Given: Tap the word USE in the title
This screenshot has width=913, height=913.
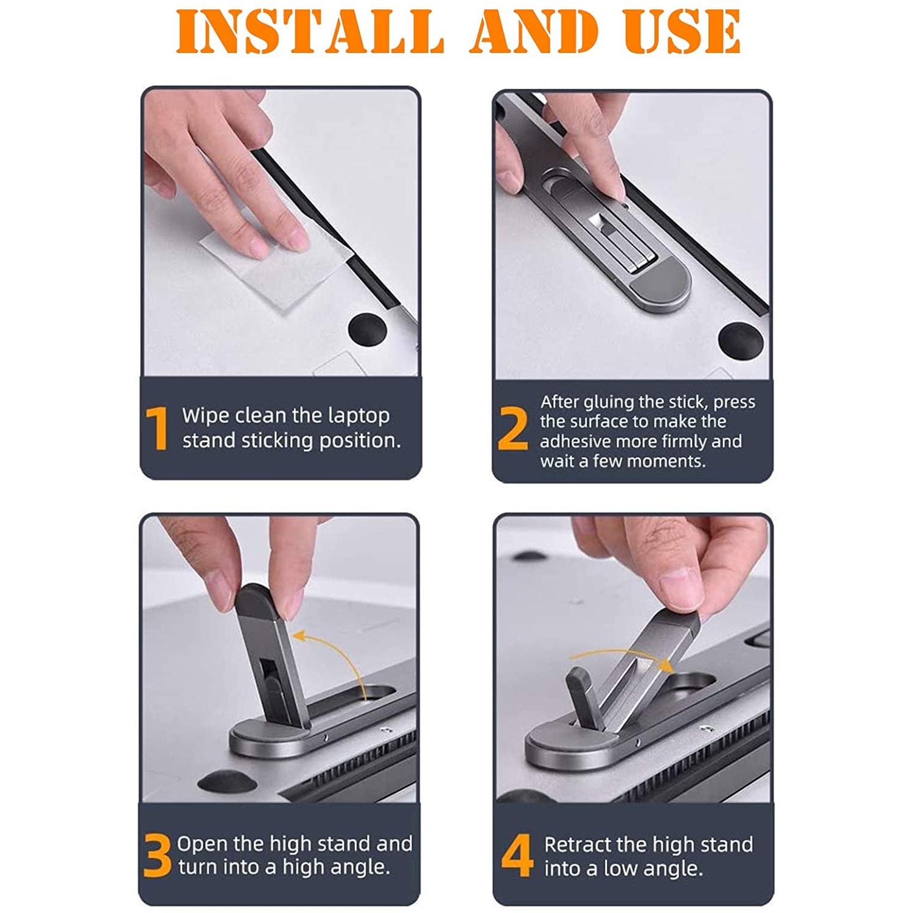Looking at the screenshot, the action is point(682,31).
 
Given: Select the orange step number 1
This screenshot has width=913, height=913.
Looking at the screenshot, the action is point(157,428).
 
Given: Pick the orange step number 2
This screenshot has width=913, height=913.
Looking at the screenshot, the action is point(512,429).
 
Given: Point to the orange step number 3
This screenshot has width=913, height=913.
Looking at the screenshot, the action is point(158,855).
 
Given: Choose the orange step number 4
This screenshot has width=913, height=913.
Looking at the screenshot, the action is point(517,855).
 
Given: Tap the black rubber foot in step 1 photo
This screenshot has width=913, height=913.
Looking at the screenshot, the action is point(368,329).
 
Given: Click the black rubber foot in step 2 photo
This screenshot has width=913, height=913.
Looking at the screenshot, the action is point(741,338).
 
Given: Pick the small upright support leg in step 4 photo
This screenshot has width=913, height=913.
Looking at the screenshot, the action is point(583,697).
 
